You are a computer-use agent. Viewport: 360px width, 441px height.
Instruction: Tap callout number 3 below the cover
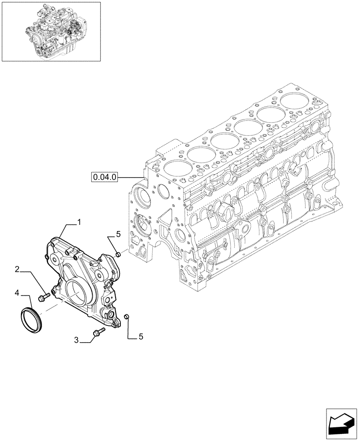[x=76, y=340]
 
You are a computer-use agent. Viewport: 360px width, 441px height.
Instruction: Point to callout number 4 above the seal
[x=16, y=292]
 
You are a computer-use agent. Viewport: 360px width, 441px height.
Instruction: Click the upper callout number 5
[x=118, y=235]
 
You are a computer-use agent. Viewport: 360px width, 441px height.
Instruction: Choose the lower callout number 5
[x=141, y=336]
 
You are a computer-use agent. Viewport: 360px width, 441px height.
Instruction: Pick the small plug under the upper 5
[x=118, y=254]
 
